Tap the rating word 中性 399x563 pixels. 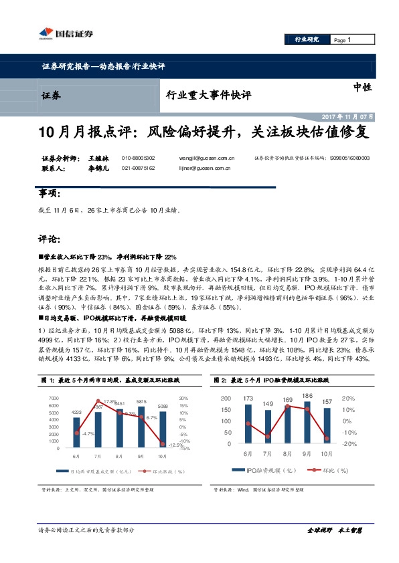coord(362,87)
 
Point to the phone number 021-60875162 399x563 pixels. coord(139,168)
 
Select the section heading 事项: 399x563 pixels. coord(50,193)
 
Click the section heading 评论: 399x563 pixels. coord(50,239)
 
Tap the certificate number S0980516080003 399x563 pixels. coord(349,158)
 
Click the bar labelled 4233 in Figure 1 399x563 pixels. coord(78,433)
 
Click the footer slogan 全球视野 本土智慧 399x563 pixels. coord(334,530)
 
